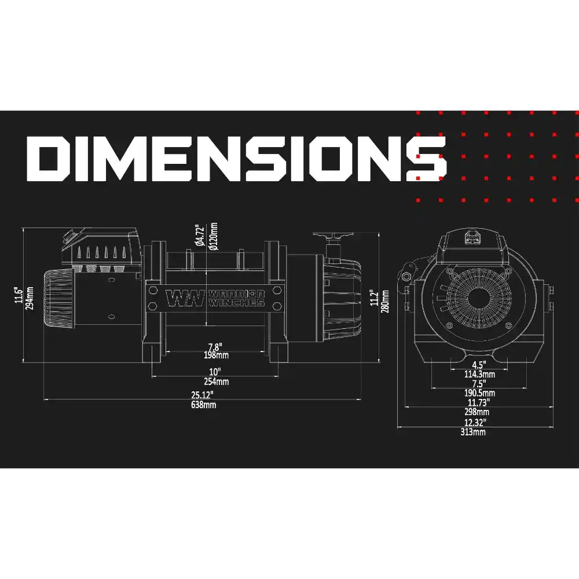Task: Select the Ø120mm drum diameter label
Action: [x=214, y=236]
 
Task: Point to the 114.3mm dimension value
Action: [x=479, y=375]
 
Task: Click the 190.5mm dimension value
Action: [x=479, y=393]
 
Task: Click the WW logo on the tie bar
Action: [x=185, y=298]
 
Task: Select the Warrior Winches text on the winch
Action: [x=236, y=298]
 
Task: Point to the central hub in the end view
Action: [x=478, y=299]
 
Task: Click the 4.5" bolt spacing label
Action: [x=479, y=365]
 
